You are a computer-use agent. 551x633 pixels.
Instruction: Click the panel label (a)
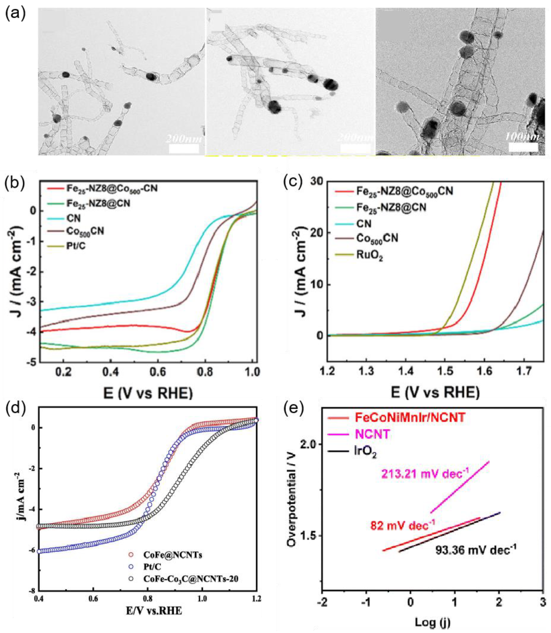[x=14, y=14]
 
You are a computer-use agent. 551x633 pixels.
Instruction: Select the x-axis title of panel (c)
[x=435, y=393]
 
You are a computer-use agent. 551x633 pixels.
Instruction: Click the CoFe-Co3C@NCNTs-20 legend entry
[x=191, y=579]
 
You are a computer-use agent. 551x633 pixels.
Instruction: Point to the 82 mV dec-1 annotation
[x=403, y=525]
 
